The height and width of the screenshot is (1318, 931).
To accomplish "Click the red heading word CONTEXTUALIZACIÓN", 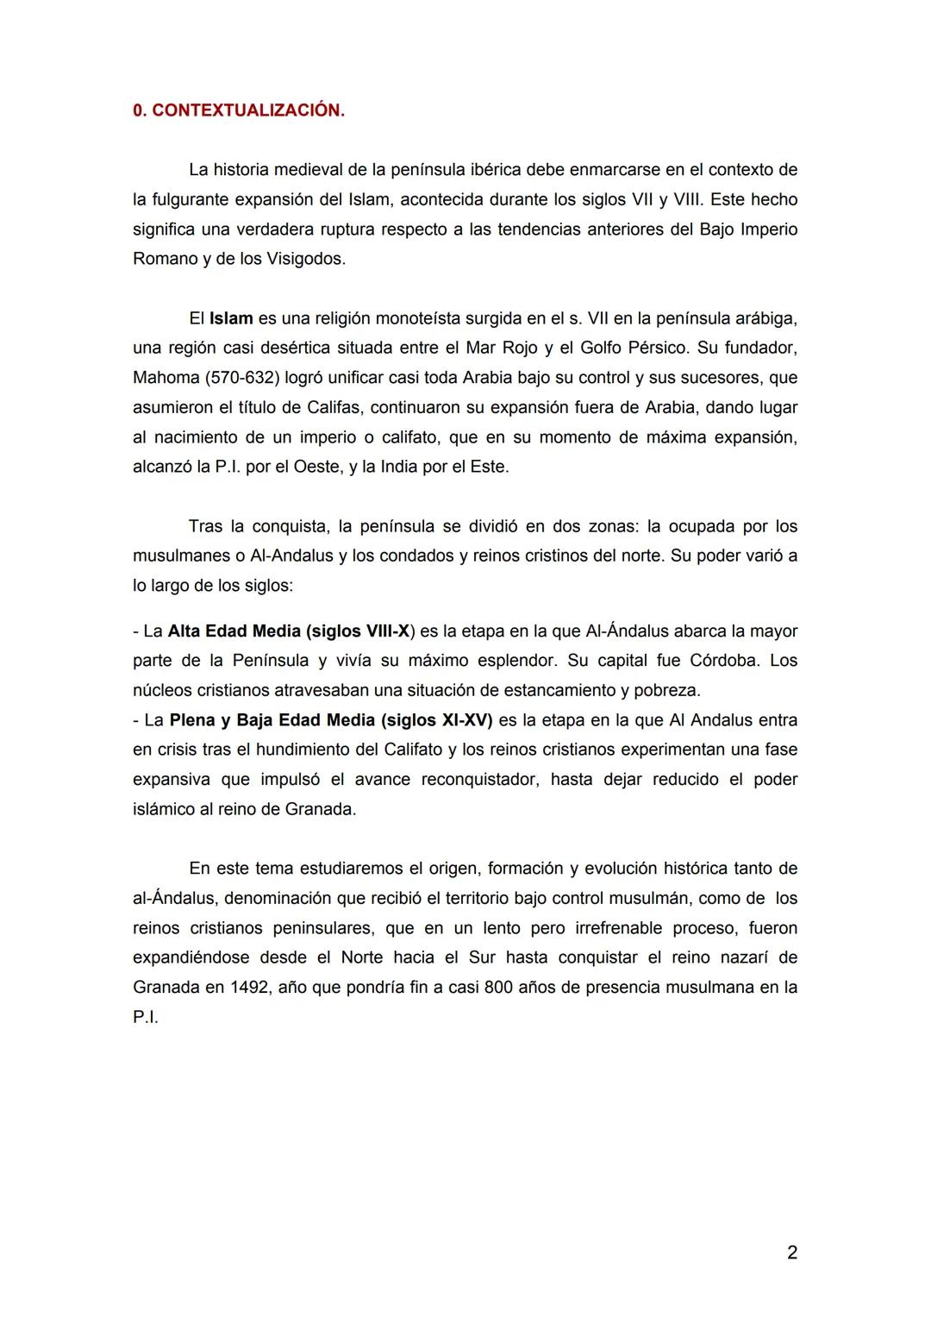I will (248, 111).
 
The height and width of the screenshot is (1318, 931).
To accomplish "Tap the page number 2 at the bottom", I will (792, 1252).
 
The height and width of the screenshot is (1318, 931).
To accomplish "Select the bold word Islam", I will (231, 318).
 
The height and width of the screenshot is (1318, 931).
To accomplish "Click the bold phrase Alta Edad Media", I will (234, 631).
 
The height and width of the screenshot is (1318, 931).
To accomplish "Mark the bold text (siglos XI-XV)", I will (436, 720).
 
